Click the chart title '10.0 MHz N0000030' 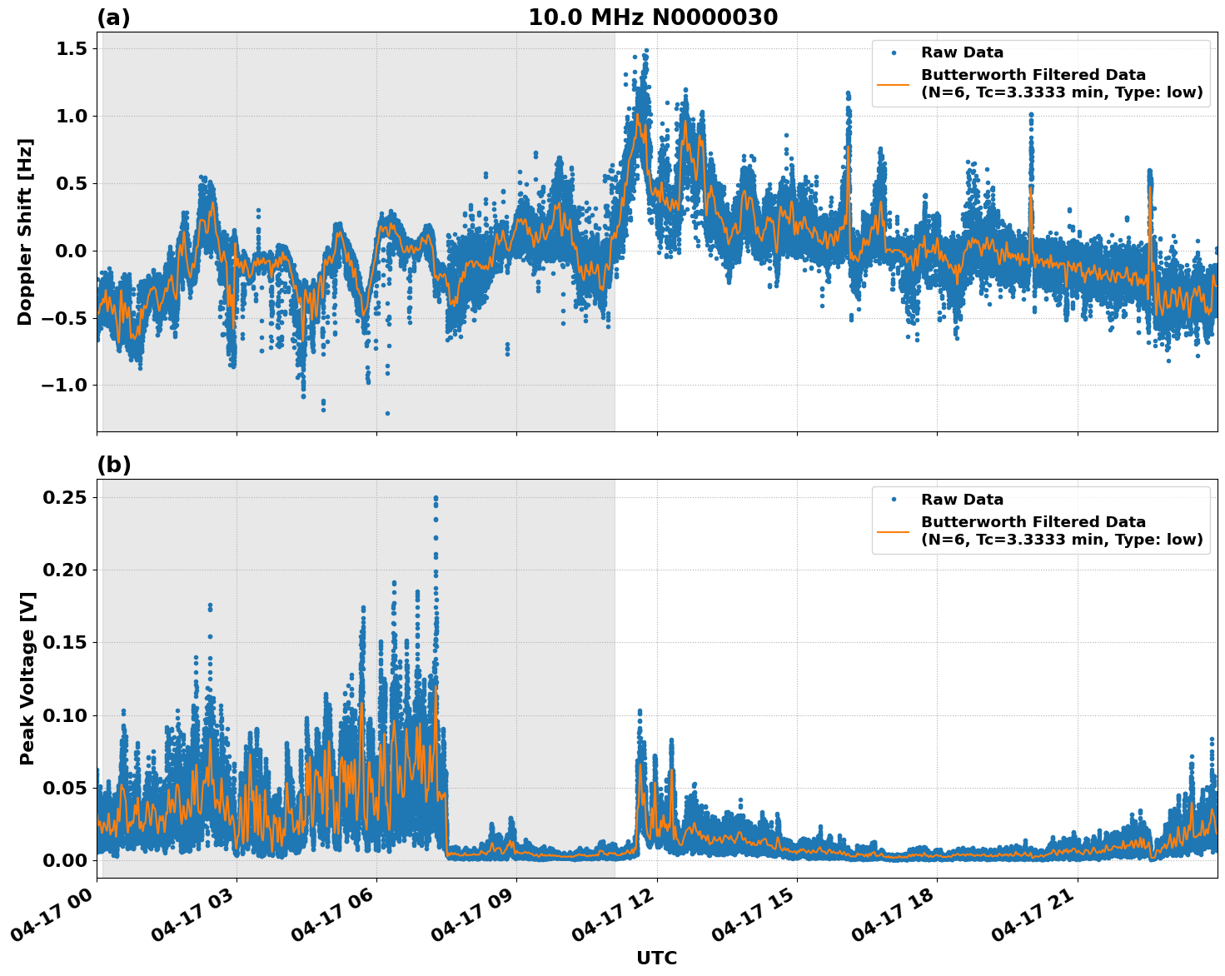tap(653, 17)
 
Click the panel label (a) tap(113, 17)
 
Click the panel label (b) tap(113, 465)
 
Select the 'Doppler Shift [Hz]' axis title tap(25, 232)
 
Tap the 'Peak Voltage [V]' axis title tap(27, 679)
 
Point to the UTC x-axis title tap(656, 958)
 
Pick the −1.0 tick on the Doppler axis tap(62, 386)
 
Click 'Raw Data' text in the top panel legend tap(962, 52)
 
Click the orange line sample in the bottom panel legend tap(894, 530)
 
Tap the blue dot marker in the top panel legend tap(894, 52)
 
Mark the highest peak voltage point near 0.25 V tap(436, 498)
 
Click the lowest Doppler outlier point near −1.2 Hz tap(387, 413)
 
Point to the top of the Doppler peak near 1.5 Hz tap(645, 51)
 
